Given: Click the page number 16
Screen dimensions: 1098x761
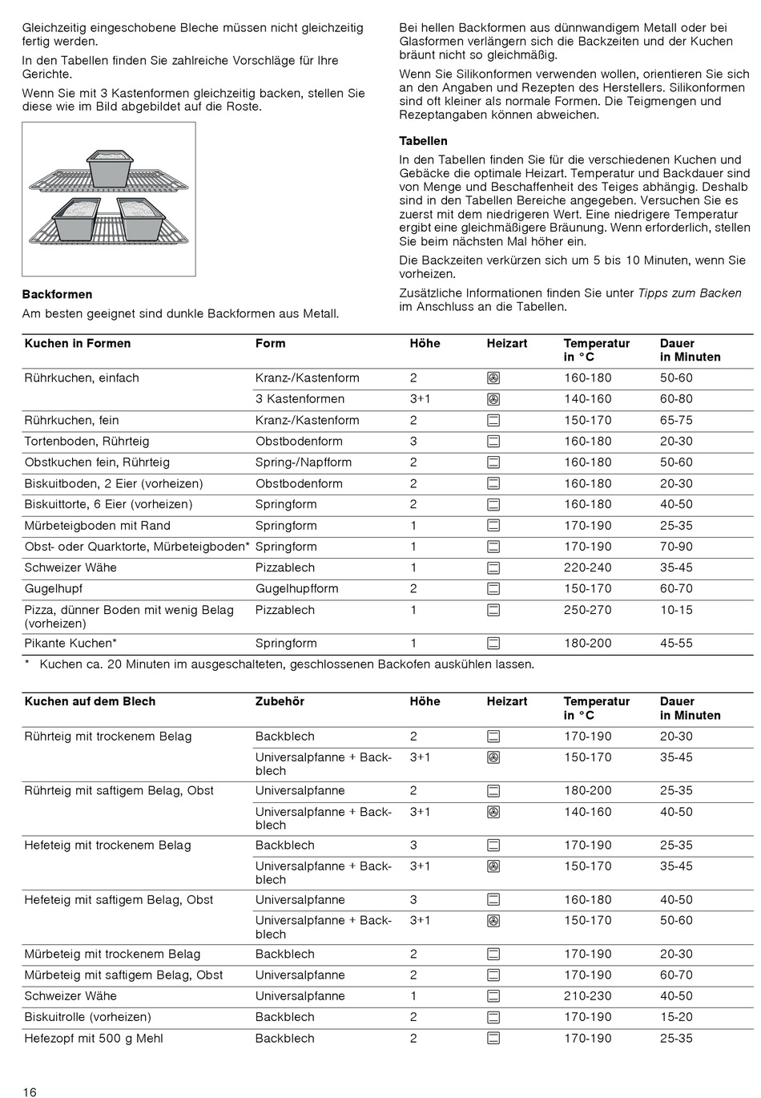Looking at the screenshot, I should click(30, 1092).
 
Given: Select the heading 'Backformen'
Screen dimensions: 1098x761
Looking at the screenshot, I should click(57, 294).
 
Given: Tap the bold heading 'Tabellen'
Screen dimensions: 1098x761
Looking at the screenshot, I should click(423, 141).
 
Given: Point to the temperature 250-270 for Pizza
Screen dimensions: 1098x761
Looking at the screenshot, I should click(587, 610).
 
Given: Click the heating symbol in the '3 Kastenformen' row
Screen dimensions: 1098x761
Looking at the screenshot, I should click(494, 399).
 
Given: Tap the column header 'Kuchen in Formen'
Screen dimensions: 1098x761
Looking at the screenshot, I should click(78, 343).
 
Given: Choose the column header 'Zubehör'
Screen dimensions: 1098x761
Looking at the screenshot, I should click(280, 701).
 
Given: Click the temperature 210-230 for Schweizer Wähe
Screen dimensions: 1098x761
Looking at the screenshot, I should click(587, 996).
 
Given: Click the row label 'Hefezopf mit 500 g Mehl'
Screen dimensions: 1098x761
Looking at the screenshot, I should click(94, 1038).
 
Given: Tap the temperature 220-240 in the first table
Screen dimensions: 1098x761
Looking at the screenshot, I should click(587, 567).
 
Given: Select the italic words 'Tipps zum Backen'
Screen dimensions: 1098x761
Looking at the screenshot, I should click(690, 293).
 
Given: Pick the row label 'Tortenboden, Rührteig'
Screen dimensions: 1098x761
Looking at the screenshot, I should click(87, 441).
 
